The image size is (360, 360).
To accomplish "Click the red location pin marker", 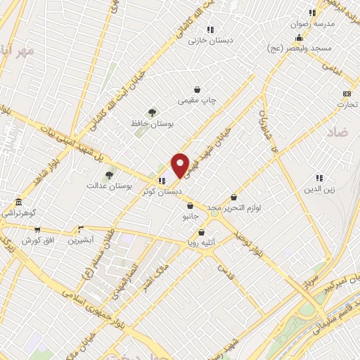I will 180,165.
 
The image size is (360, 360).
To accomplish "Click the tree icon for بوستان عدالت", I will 108,175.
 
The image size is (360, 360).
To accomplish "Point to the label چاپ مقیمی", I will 199,101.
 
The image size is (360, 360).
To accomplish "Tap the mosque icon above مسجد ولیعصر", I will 300,38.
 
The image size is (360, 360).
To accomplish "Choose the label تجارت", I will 347,105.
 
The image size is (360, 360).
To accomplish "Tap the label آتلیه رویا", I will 200,243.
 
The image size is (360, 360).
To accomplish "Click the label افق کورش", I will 37,240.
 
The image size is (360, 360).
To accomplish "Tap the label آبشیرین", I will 82,240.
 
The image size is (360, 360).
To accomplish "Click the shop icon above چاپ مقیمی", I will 199,89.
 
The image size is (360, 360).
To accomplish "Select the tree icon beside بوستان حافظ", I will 151,112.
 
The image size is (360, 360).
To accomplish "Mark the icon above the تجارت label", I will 347,94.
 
